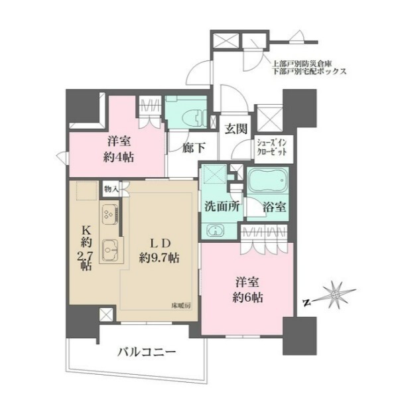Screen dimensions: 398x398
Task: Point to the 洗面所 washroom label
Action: (222, 206)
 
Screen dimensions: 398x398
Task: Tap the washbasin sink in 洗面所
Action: (216, 230)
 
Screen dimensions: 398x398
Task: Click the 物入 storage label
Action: (110, 189)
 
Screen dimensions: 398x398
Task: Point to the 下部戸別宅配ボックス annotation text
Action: (308, 70)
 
